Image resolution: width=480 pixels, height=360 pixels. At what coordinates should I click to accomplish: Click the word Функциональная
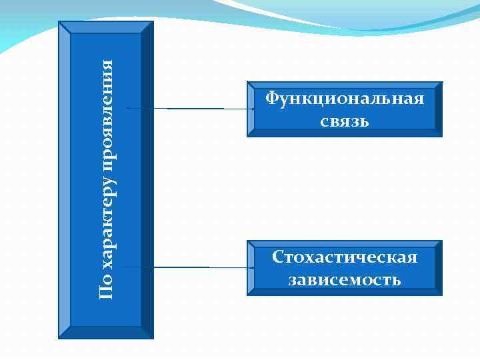[344, 99]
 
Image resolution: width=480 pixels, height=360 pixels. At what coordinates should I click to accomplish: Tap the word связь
[344, 121]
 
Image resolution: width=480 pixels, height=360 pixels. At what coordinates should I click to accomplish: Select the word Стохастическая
[344, 257]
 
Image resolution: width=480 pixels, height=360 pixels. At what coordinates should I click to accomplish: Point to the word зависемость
[344, 279]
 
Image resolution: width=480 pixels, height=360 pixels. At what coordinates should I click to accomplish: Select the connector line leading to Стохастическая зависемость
[187, 267]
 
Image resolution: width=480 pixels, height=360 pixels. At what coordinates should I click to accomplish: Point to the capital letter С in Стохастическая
[278, 257]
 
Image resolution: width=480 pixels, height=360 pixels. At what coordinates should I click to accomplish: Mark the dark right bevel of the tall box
[147, 180]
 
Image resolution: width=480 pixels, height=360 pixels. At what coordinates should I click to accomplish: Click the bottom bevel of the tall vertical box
[106, 333]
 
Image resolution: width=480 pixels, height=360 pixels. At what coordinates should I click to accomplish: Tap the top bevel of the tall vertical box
[106, 27]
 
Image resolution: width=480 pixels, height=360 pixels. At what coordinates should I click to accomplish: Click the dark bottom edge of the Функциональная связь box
[344, 133]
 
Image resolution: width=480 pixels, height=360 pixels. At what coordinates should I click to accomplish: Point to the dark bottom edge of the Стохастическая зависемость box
[344, 291]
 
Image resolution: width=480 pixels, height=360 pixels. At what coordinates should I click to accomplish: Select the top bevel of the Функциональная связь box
[344, 85]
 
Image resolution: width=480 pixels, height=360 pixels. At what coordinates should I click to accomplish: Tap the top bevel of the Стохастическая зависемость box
[344, 243]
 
